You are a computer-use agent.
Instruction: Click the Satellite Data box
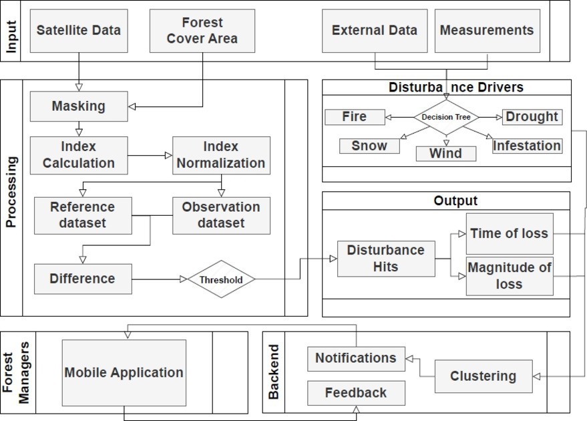click(x=79, y=31)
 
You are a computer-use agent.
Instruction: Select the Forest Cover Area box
click(x=202, y=31)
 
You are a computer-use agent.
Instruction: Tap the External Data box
click(x=374, y=31)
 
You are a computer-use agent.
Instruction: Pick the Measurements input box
click(x=487, y=31)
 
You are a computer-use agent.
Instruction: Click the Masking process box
click(x=79, y=106)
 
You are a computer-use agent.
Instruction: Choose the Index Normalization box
click(x=221, y=155)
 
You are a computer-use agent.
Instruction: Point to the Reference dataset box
click(x=83, y=215)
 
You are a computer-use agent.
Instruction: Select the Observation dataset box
click(x=221, y=215)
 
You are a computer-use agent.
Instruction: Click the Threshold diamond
click(x=220, y=279)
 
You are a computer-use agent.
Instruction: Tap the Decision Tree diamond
click(x=446, y=118)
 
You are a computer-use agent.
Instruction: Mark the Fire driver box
click(x=355, y=117)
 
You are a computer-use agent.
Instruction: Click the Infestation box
click(x=527, y=146)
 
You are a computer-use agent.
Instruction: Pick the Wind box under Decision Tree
click(x=445, y=154)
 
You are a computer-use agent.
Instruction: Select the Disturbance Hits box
click(x=386, y=259)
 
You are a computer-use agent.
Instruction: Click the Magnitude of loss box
click(x=510, y=276)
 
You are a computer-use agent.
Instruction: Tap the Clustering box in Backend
click(x=483, y=376)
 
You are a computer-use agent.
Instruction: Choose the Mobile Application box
click(x=124, y=373)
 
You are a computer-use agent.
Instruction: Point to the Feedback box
click(x=356, y=393)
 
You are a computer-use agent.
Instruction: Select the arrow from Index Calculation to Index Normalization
click(x=150, y=156)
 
